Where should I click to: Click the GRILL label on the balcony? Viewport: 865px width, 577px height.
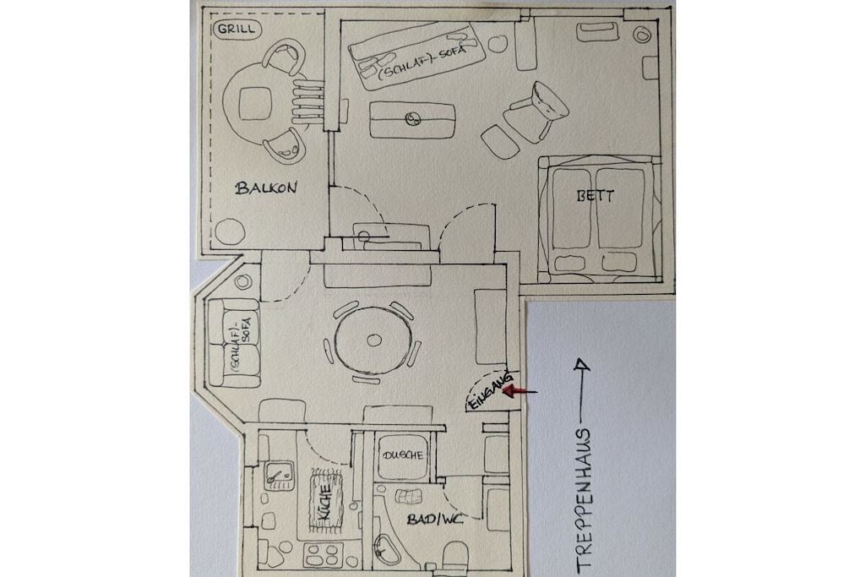coord(237,29)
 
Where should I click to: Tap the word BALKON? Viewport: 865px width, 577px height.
coord(266,188)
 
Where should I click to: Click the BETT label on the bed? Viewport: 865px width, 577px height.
coord(596,196)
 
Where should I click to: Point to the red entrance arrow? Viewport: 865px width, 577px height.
coord(520,392)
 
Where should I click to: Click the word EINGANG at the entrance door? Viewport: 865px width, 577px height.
coord(490,390)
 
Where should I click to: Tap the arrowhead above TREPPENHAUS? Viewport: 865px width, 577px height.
coord(580,364)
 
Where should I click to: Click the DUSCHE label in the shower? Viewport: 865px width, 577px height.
coord(403,455)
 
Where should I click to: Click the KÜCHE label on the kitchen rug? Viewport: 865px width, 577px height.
coord(324,502)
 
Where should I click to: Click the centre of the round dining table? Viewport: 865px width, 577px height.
coord(374,340)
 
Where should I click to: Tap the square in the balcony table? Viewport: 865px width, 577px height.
coord(256,103)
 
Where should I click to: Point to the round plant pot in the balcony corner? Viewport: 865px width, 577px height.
coord(230,231)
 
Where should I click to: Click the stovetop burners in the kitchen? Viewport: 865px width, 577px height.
coord(323,555)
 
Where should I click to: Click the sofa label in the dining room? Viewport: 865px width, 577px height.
coord(241,344)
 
